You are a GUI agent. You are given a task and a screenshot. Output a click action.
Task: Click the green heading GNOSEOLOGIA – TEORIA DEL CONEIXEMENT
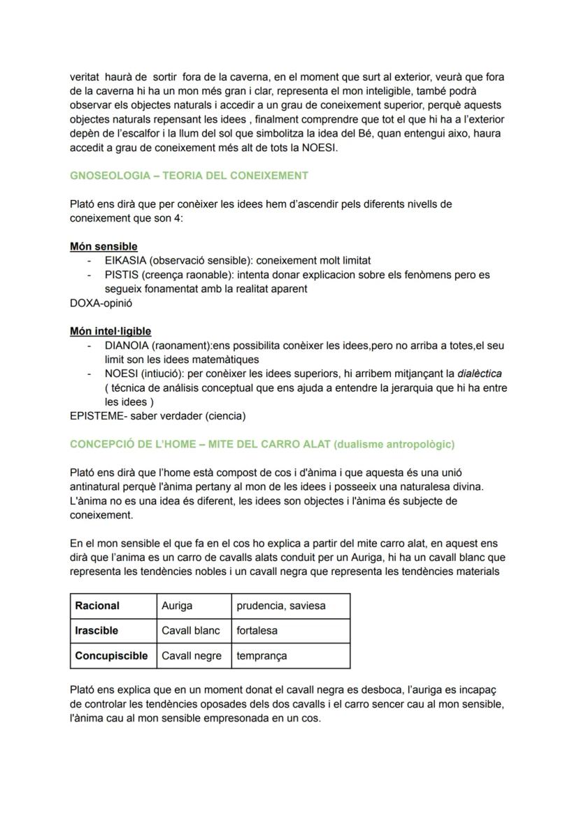click(x=189, y=176)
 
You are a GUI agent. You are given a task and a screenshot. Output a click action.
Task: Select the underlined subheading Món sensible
click(x=103, y=246)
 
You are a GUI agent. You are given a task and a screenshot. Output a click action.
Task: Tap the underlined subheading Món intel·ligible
click(x=110, y=331)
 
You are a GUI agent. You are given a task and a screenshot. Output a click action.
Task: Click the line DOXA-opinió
click(x=101, y=304)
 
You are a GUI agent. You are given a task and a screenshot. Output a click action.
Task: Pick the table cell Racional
click(x=97, y=606)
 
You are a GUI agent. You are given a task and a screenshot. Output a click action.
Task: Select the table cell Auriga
click(x=177, y=606)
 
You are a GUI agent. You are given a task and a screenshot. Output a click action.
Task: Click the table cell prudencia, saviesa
click(x=280, y=606)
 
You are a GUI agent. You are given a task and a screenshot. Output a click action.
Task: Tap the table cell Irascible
click(x=96, y=631)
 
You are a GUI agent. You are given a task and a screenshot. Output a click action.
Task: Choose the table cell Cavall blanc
click(x=190, y=631)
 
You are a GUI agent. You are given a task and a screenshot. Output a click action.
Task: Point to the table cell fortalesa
click(x=257, y=631)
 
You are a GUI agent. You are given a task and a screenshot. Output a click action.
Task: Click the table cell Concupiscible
click(x=111, y=656)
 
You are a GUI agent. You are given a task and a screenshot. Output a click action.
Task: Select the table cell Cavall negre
click(x=191, y=656)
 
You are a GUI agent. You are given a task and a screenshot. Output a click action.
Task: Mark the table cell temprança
click(x=262, y=656)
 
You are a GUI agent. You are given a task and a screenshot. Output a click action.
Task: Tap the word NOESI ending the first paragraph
click(x=318, y=148)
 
